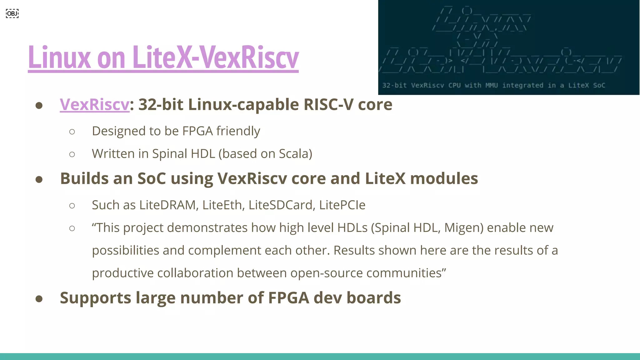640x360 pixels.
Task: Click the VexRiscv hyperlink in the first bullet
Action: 94,104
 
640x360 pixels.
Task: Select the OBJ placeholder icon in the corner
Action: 12,13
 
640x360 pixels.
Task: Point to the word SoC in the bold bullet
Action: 152,178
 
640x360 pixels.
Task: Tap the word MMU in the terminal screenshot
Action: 492,85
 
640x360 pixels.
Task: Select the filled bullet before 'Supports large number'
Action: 39,299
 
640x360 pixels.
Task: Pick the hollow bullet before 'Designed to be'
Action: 72,132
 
